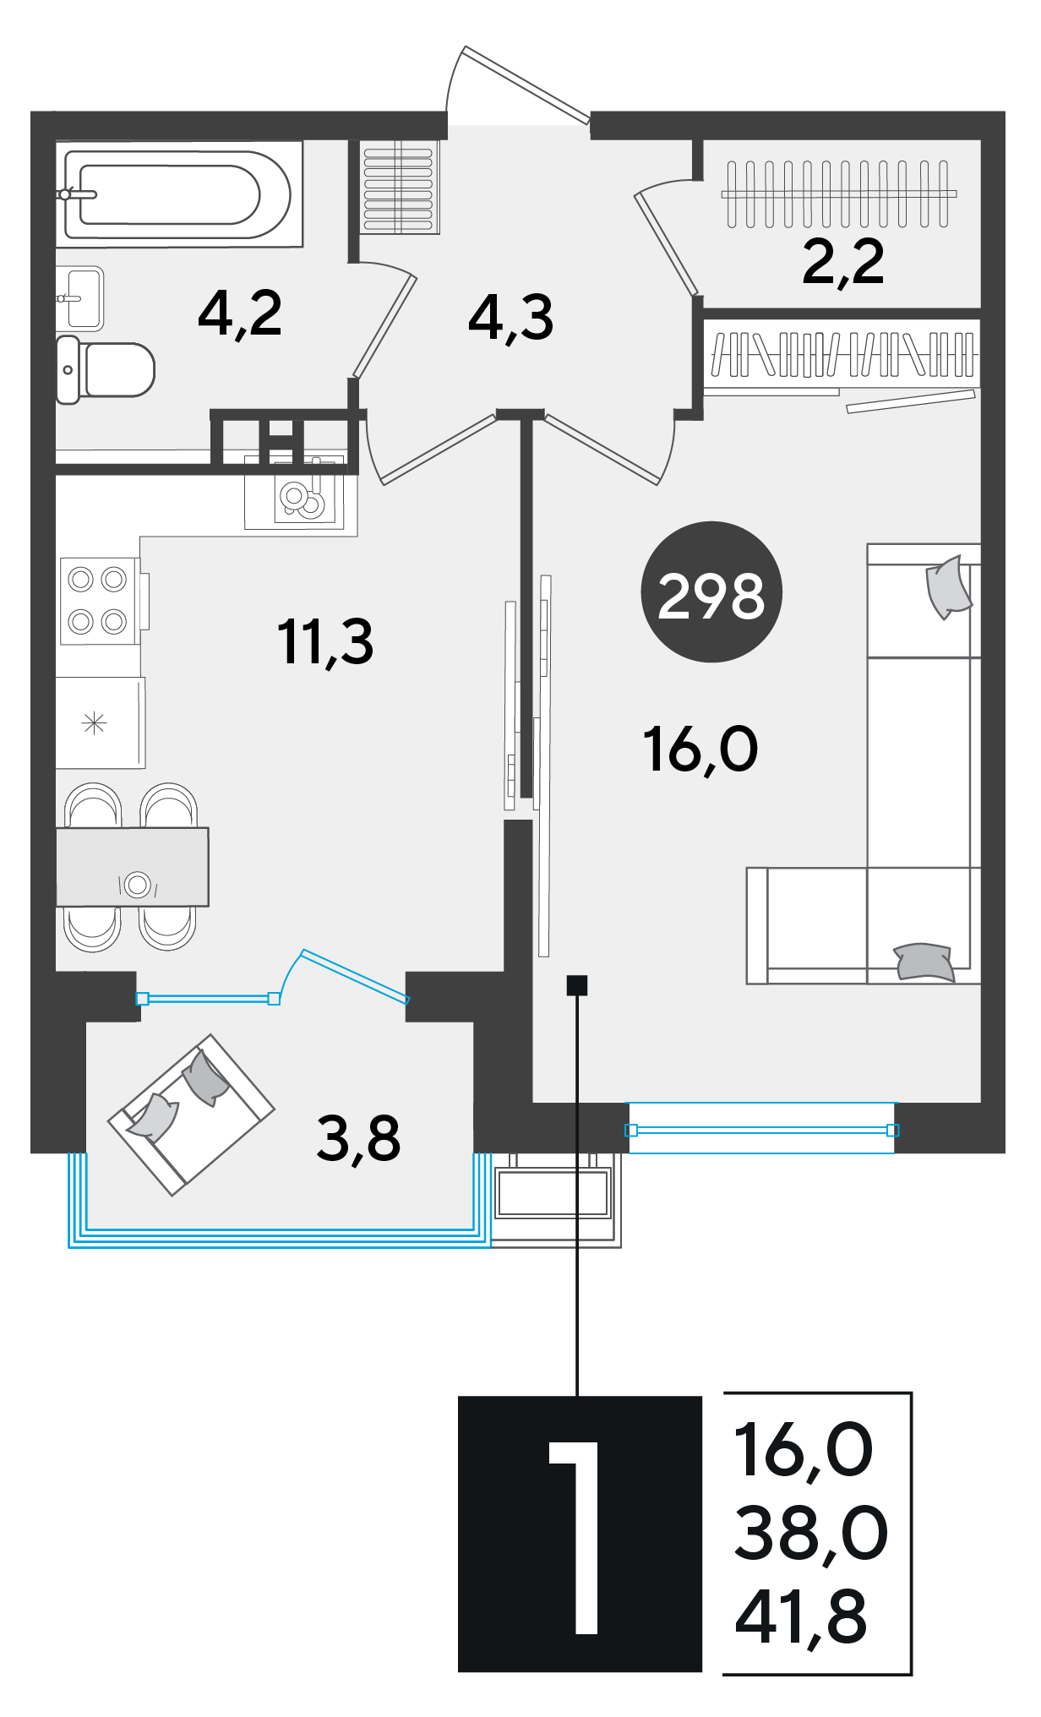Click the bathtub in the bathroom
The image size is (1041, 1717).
[179, 194]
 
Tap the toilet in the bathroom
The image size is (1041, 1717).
[106, 370]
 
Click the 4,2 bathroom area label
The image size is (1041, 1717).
[240, 313]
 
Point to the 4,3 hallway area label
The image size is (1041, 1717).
[511, 319]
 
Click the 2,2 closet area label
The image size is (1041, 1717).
[843, 262]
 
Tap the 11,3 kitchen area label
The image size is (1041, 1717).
[325, 642]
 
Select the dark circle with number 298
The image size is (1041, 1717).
[711, 591]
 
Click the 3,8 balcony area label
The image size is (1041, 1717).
[359, 1138]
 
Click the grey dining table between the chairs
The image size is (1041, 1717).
[133, 867]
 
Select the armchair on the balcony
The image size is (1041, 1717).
[191, 1115]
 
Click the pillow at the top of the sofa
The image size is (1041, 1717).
[949, 586]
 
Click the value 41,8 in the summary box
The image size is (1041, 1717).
[801, 1616]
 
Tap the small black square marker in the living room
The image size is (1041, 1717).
[577, 984]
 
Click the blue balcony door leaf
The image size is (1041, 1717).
[355, 976]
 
